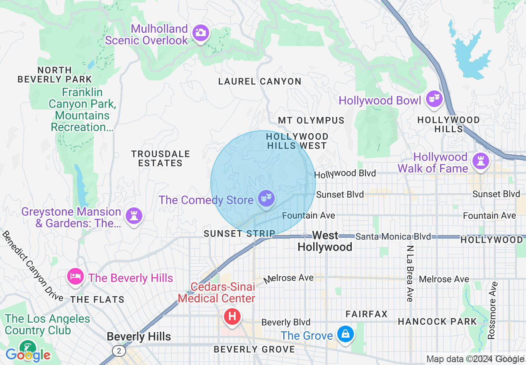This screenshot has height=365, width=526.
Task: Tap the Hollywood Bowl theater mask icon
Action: click(433, 99)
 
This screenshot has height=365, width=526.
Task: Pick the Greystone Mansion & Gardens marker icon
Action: click(134, 216)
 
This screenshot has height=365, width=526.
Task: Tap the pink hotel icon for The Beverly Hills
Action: click(75, 277)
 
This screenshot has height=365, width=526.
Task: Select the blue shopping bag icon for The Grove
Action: click(345, 333)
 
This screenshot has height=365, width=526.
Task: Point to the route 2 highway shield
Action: click(119, 351)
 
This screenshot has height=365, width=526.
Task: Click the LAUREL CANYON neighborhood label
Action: click(260, 81)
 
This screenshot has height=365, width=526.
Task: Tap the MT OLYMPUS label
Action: click(311, 120)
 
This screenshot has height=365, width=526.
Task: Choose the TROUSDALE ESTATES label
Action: click(161, 158)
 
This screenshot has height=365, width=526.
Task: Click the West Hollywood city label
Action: click(325, 241)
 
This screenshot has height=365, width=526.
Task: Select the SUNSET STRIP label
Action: click(239, 234)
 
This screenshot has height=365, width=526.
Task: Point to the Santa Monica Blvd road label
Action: click(393, 236)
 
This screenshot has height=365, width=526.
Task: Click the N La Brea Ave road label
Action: click(410, 273)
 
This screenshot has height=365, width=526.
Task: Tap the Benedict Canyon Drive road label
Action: click(32, 266)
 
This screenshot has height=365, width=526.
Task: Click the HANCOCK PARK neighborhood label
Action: click(437, 321)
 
